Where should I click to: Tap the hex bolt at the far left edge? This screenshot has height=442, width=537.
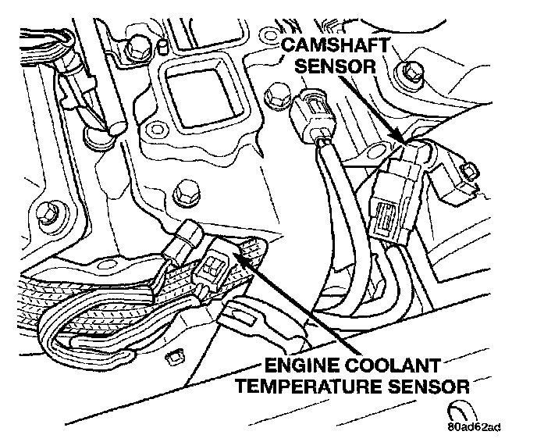pos(45,211)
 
